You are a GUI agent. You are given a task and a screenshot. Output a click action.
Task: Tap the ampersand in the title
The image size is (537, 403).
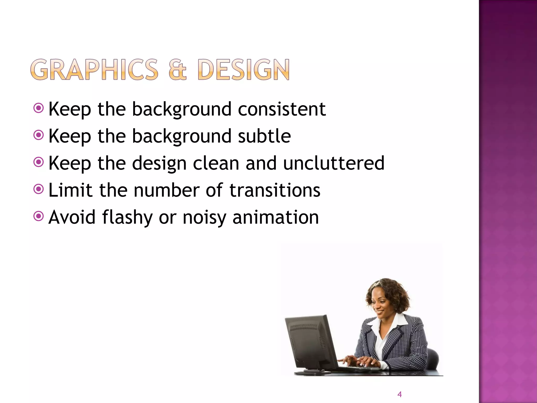pos(178,70)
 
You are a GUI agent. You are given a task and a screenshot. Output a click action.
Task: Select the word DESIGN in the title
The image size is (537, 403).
pos(244,70)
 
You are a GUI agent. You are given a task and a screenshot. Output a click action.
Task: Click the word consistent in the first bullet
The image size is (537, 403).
pos(282,109)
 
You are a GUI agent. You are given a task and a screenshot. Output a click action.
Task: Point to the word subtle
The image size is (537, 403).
pos(264,136)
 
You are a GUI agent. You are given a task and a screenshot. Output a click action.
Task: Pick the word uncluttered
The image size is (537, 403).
pos(334,163)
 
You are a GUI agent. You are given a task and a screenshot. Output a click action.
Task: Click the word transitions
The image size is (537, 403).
pos(275,190)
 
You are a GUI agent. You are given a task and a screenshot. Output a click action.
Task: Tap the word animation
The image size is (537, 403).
pos(276,218)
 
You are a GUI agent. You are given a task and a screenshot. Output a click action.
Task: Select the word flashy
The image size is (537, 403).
pos(127,218)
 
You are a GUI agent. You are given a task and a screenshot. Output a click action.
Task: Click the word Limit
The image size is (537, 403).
pos(70,190)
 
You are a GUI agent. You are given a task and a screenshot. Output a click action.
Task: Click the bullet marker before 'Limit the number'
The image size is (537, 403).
pos(39,189)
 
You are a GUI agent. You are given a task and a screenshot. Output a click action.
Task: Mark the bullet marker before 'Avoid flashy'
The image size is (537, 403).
pos(39,216)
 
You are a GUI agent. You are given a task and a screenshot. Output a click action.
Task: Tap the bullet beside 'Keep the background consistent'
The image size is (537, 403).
pos(39,108)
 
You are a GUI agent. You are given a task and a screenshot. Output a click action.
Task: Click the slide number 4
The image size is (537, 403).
pos(399,394)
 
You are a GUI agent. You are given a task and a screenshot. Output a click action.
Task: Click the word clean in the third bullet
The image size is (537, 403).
pos(216,163)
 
